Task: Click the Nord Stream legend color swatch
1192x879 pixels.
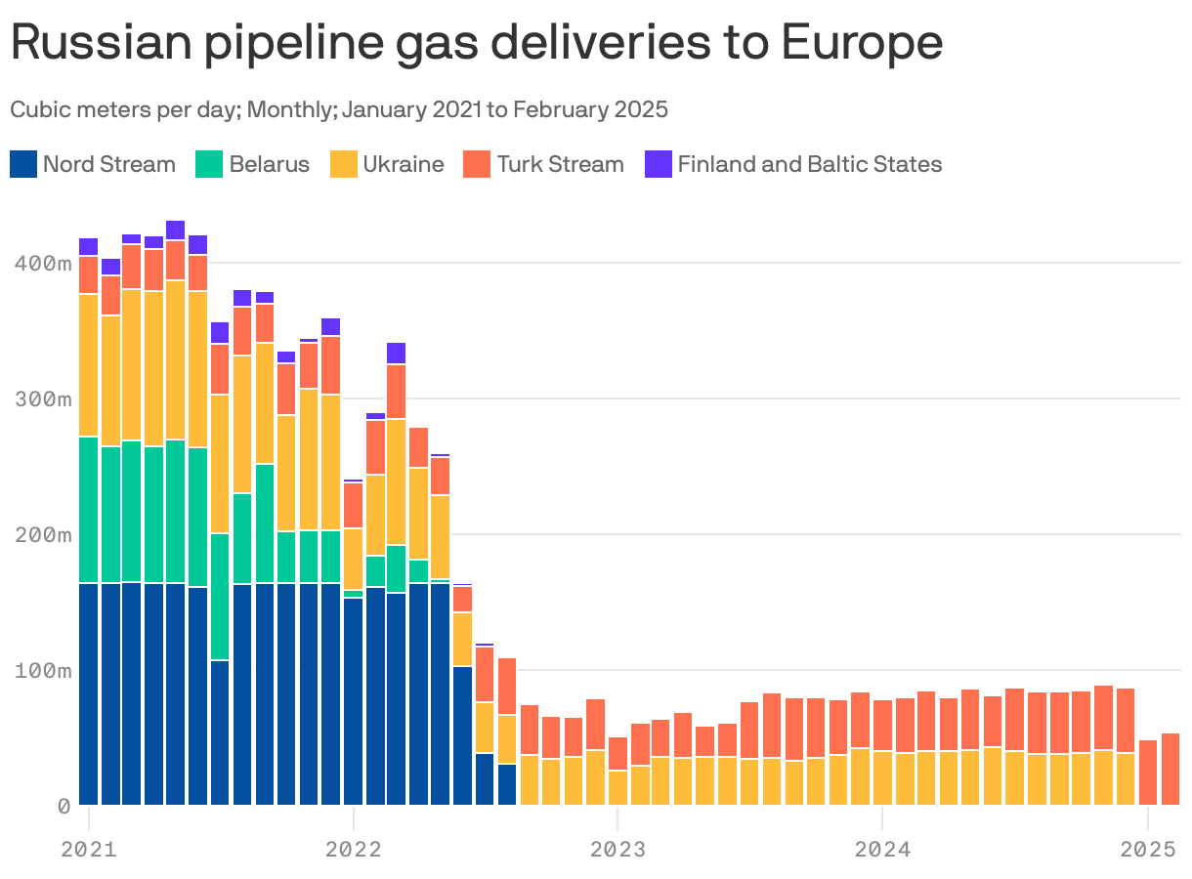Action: (x=24, y=164)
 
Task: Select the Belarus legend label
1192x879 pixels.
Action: (x=269, y=164)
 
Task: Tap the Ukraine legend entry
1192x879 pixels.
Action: (x=403, y=164)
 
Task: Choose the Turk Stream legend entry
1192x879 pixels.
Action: (x=560, y=164)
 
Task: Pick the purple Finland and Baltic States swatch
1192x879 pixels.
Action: (x=660, y=164)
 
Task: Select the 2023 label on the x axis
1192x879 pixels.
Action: (x=617, y=849)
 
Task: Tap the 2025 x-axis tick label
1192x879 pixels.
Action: (x=1147, y=849)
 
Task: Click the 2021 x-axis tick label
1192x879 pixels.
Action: (x=88, y=849)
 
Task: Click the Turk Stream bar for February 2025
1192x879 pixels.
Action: (x=1170, y=769)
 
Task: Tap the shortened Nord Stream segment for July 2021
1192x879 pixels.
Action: (x=220, y=732)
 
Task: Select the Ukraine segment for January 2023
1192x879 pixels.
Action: (x=617, y=787)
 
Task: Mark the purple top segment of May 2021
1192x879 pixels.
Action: (x=176, y=230)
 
